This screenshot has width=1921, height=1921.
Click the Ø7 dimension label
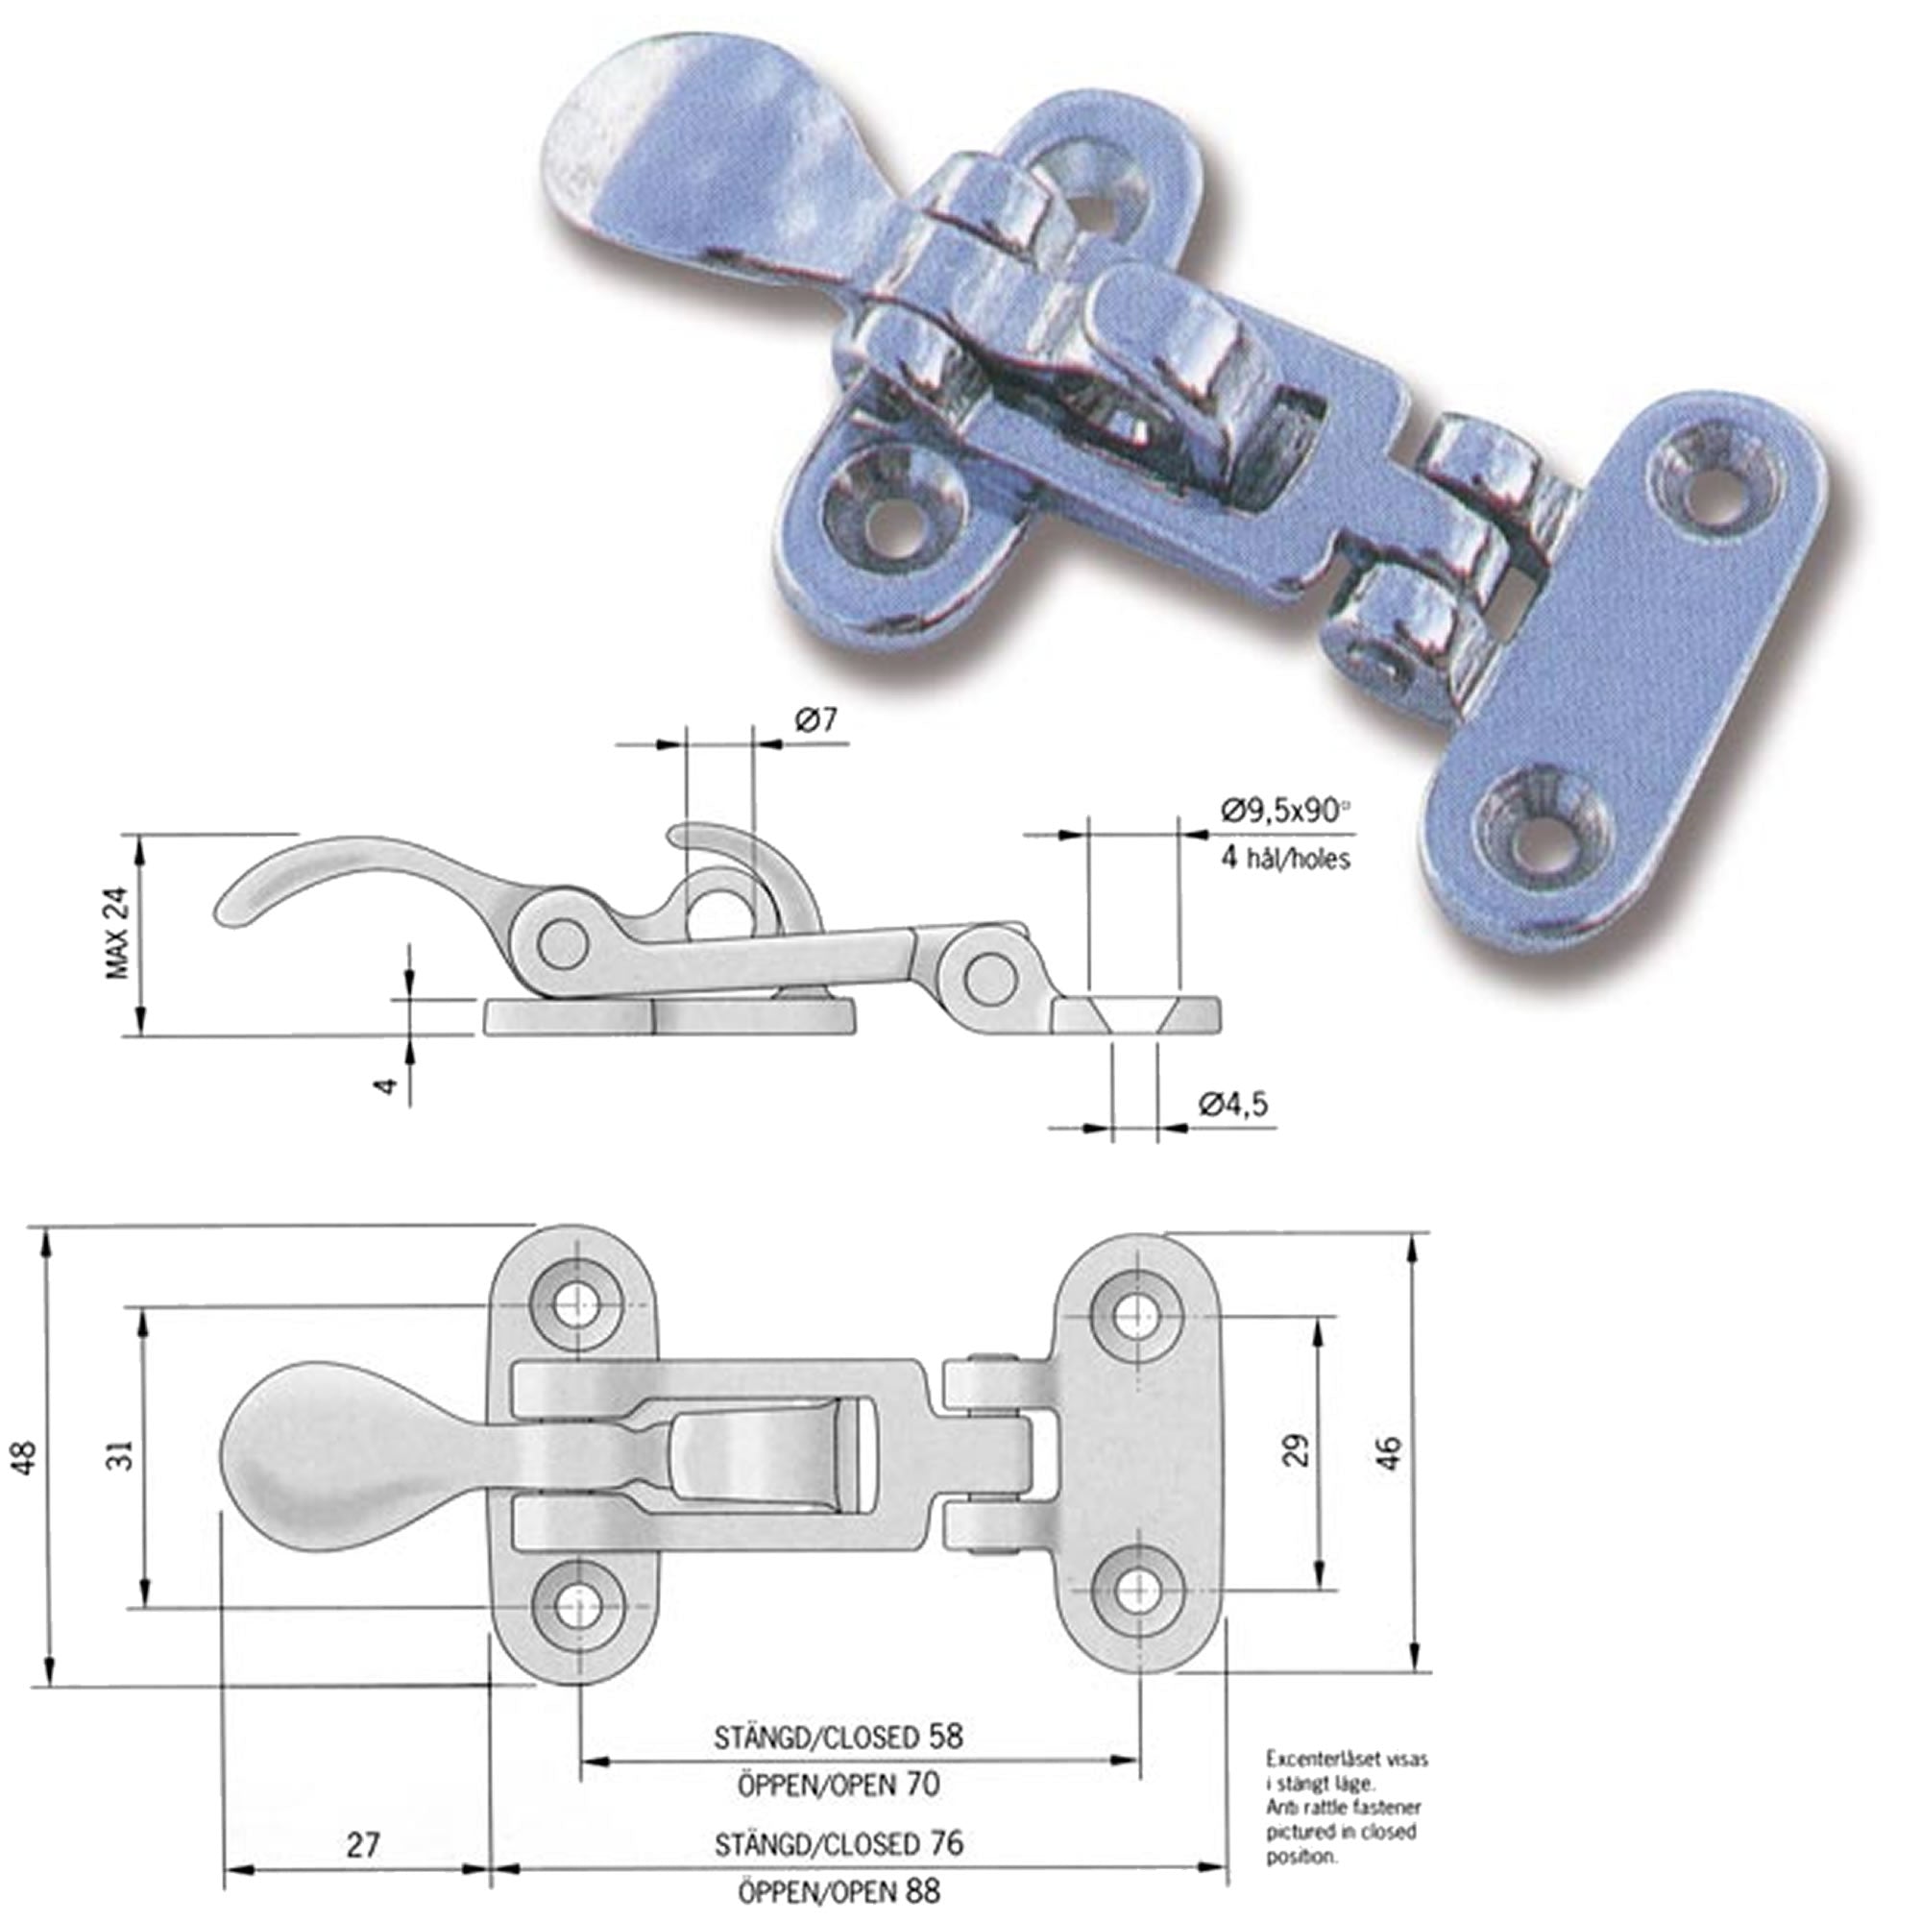pos(816,719)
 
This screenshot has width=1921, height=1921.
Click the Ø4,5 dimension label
pos(1233,1105)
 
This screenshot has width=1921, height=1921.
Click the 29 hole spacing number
pos(1297,1450)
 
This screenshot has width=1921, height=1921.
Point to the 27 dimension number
pos(363,1816)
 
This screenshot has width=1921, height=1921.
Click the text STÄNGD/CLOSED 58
pos(839,1737)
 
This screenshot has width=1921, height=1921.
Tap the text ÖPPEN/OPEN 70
pos(839,1784)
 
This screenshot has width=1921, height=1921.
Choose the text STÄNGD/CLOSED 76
pos(839,1815)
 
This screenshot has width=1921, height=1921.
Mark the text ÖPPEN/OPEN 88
pos(839,1862)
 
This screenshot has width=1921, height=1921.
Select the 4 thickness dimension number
pos(390,1083)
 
